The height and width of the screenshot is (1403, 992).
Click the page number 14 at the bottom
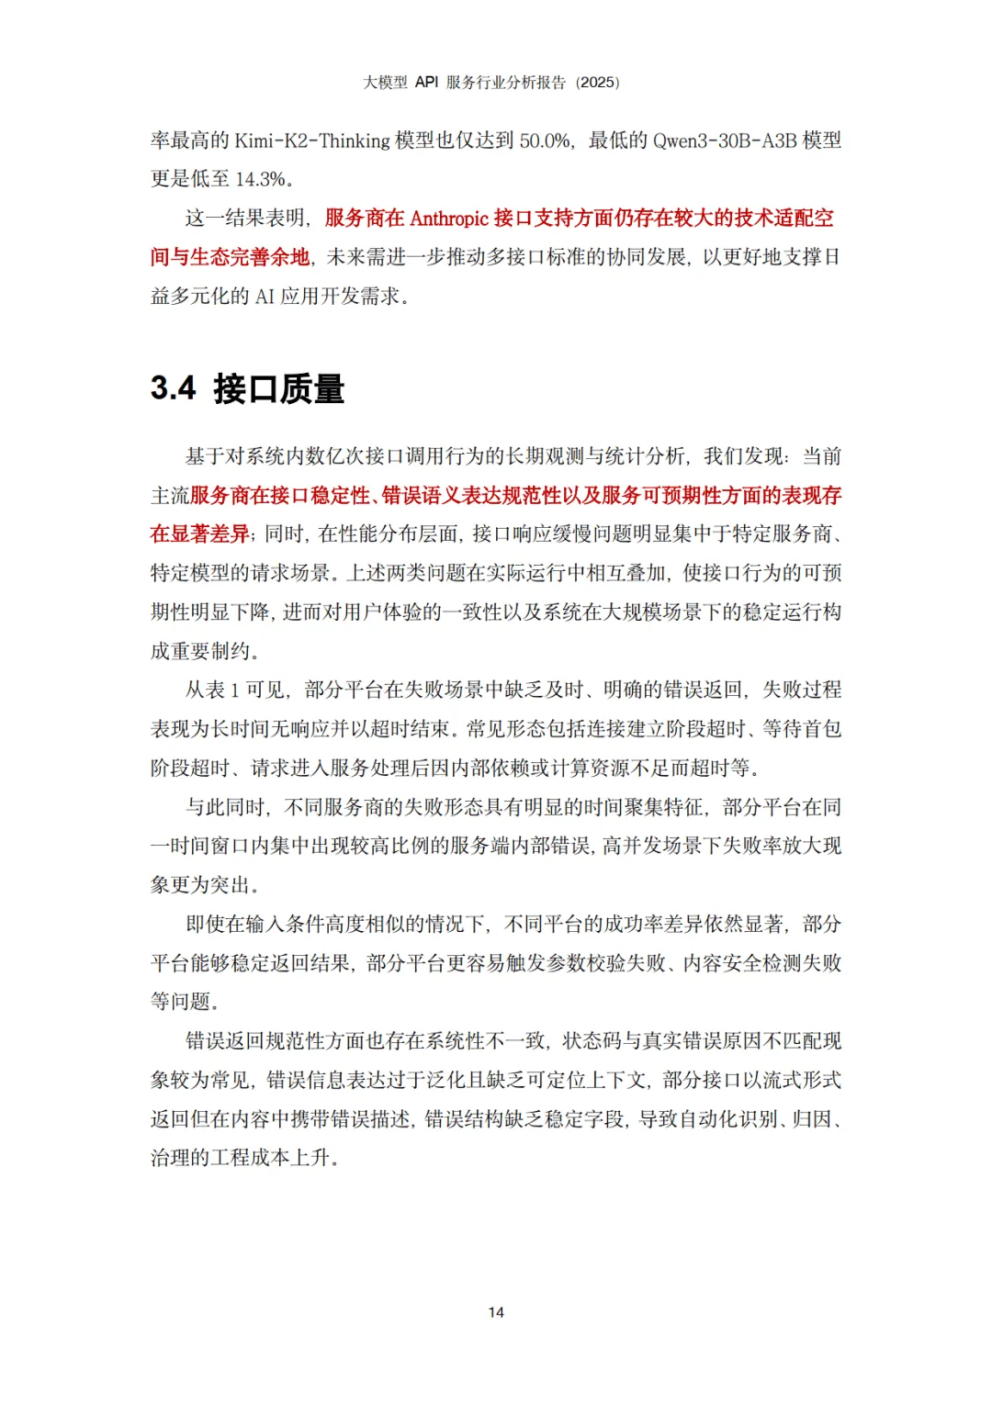click(496, 1312)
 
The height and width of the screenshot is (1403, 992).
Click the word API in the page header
click(426, 82)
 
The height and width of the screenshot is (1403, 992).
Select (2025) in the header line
click(597, 82)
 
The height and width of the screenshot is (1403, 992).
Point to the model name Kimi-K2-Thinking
click(312, 140)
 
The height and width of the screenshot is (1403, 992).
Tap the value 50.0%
click(545, 140)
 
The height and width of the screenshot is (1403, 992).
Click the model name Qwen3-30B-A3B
click(725, 140)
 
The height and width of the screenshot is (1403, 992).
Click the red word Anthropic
click(449, 219)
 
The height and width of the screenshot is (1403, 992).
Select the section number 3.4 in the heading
click(173, 388)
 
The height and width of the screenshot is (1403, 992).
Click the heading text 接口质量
click(279, 388)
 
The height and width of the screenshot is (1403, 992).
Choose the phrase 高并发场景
click(652, 846)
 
